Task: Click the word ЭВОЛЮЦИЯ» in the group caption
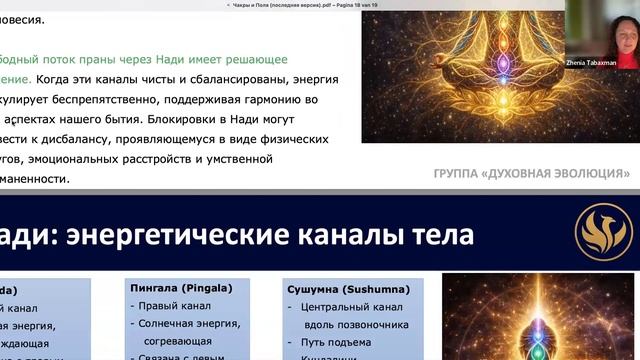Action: (x=594, y=173)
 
